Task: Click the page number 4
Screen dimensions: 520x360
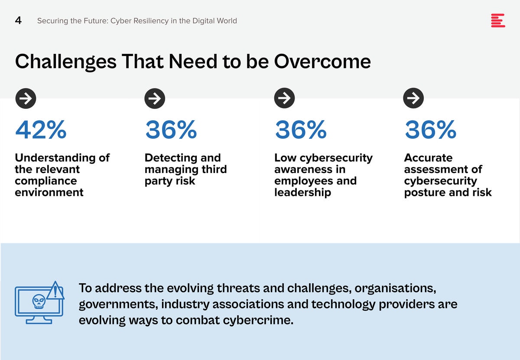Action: (x=18, y=20)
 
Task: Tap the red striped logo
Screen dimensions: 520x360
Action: (x=498, y=20)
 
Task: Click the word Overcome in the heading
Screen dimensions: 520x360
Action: (x=322, y=62)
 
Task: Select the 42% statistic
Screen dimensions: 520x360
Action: (x=41, y=129)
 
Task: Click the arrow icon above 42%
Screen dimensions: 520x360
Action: (x=26, y=98)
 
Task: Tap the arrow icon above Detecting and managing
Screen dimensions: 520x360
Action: (x=155, y=98)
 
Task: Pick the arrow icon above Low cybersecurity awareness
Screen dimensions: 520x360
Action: (x=284, y=98)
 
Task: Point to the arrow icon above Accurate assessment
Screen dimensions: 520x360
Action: (x=413, y=98)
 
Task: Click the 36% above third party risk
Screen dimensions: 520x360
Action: (x=171, y=129)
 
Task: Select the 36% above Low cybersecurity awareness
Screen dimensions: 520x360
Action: (x=301, y=129)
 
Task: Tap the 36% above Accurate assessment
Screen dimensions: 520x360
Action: (x=431, y=129)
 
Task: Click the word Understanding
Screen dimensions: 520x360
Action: (x=55, y=158)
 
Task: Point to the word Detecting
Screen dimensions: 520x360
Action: (x=171, y=158)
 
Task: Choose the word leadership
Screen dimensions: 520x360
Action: (x=303, y=193)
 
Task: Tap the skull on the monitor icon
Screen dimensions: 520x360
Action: (x=39, y=301)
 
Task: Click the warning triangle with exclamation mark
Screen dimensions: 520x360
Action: (x=55, y=291)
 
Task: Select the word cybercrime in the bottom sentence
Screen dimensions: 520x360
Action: (x=258, y=320)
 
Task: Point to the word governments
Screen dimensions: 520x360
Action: (x=118, y=304)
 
